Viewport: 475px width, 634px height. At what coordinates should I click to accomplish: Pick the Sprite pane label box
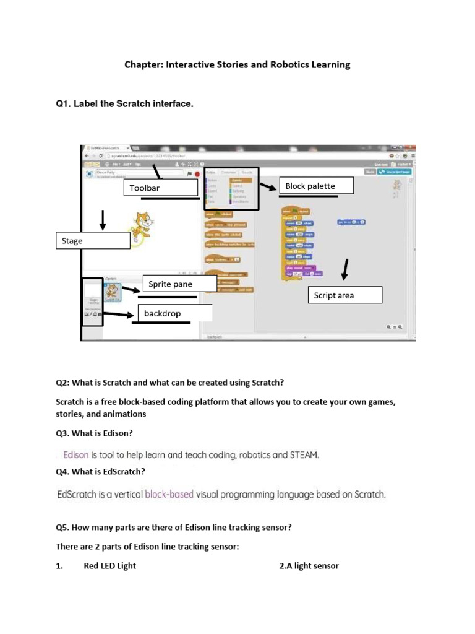click(179, 284)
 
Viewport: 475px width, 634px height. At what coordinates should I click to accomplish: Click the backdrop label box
click(174, 313)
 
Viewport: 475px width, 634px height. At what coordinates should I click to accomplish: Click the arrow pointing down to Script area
click(344, 270)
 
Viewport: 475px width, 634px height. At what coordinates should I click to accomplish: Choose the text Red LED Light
click(109, 565)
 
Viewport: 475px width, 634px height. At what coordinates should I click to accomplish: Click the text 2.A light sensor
click(309, 565)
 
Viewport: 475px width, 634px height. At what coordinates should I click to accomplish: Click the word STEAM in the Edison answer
click(304, 455)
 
